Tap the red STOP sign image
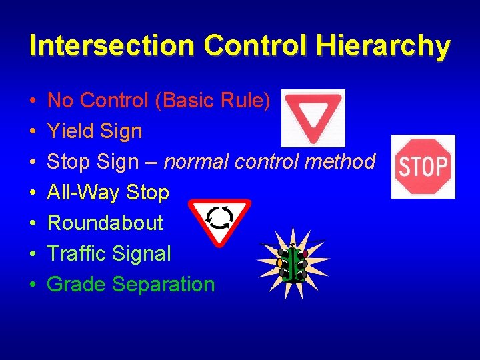[x=423, y=166]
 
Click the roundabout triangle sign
[x=219, y=219]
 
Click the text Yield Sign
[x=95, y=131]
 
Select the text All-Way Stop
[x=108, y=193]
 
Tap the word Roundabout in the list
[x=105, y=223]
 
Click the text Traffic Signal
[x=109, y=253]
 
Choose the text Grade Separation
[x=131, y=284]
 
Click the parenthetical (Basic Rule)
[x=215, y=101]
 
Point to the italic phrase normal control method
[x=269, y=162]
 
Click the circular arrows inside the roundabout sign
[x=219, y=216]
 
